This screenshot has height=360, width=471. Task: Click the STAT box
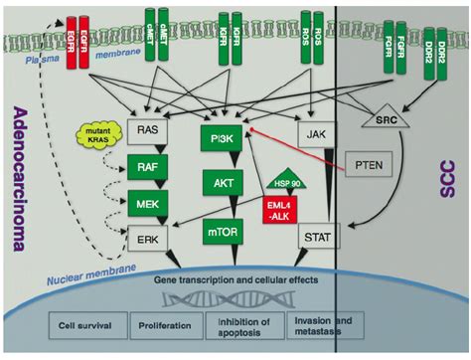click(310, 238)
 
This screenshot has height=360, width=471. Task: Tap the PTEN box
click(369, 164)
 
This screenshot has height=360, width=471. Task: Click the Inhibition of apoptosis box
click(241, 323)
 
